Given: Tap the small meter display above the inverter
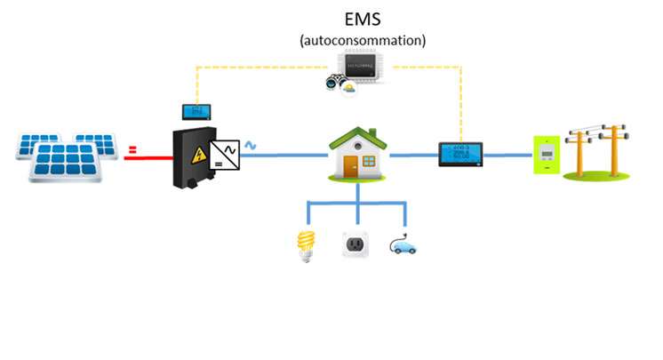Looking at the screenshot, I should click(196, 112).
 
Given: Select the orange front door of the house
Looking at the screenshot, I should click(352, 164).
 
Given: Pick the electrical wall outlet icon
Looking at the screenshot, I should click(356, 245).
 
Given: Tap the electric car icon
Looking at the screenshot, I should click(403, 244).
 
